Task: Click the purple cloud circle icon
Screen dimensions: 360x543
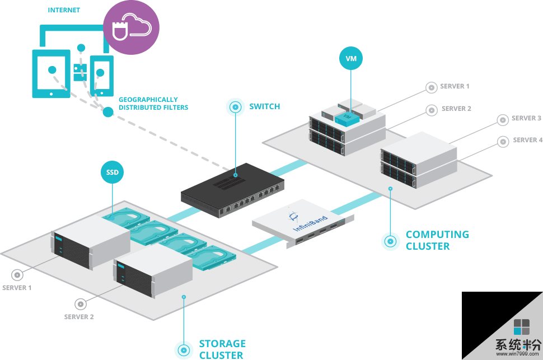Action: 131,27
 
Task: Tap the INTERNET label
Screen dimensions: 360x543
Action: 64,10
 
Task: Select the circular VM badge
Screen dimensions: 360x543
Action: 352,58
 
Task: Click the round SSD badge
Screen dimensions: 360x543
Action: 112,172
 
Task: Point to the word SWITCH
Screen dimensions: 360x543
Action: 265,106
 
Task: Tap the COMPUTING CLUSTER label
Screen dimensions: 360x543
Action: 437,240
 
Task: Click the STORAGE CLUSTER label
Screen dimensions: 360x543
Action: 222,349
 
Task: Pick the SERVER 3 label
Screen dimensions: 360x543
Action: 526,119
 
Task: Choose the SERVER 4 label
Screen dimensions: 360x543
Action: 528,140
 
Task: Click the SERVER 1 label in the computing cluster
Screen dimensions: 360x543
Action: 455,87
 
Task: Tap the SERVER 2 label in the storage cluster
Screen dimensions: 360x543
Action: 79,317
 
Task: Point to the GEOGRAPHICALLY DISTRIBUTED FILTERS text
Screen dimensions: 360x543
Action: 153,104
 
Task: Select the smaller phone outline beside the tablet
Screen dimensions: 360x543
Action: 101,75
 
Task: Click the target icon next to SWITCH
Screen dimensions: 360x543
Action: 236,107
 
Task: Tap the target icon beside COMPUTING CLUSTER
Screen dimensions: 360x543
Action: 390,241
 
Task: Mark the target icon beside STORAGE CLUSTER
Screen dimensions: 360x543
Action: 184,349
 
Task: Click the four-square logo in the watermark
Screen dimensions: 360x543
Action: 521,326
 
